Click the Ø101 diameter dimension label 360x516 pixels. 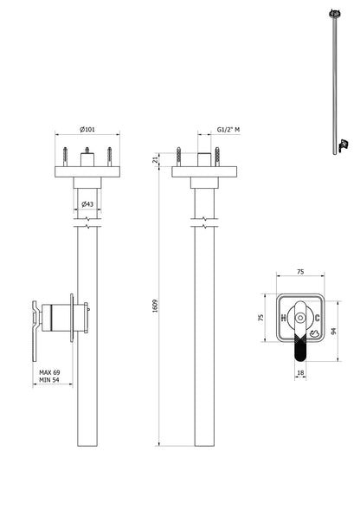[87, 128]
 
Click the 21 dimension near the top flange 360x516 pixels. [156, 159]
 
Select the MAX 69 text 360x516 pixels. [49, 371]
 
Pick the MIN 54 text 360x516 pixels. [49, 380]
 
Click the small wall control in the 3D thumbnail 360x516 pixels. [343, 144]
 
